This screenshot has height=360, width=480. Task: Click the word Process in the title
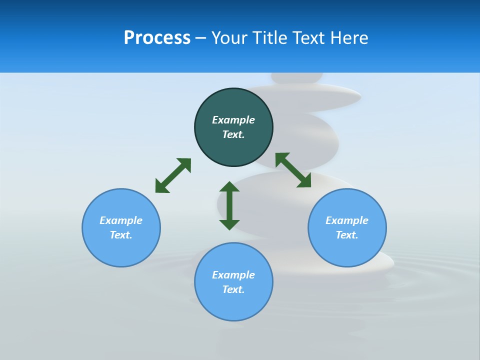click(x=157, y=37)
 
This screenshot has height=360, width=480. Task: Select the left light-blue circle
click(x=121, y=250)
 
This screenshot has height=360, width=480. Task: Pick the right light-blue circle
click(x=347, y=250)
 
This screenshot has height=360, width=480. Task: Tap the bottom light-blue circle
click(x=233, y=305)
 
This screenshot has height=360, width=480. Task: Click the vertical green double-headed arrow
click(x=229, y=205)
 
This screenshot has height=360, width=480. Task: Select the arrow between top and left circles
click(x=173, y=175)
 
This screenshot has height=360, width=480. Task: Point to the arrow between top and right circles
click(x=293, y=170)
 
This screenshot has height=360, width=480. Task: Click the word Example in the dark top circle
click(x=233, y=120)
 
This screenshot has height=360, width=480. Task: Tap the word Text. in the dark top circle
click(x=233, y=134)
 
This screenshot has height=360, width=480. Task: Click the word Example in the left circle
click(x=121, y=220)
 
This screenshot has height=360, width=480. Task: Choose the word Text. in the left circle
click(x=121, y=235)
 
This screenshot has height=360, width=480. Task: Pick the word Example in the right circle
click(x=347, y=220)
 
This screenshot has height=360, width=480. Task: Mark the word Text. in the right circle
click(x=347, y=235)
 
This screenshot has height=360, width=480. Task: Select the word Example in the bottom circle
click(x=233, y=275)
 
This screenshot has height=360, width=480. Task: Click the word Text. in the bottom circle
click(x=233, y=289)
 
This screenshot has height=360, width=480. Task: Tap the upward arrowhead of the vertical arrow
click(x=229, y=187)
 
